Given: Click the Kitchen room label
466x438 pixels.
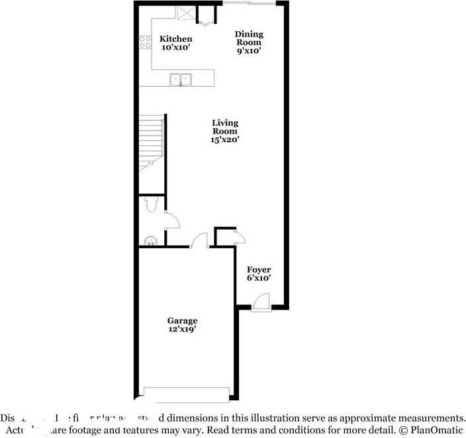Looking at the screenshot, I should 175,39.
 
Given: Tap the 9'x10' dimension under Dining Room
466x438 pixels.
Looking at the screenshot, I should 250,51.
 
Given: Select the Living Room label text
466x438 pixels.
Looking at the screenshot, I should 225,126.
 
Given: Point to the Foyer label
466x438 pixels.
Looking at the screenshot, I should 259,269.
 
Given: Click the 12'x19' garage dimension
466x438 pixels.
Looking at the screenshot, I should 181,329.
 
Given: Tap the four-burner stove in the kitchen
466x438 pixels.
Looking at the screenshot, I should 145,43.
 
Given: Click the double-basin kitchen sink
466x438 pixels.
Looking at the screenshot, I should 180,79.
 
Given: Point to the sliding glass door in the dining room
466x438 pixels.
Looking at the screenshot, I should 248,4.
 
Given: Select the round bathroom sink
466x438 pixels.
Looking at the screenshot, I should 150,241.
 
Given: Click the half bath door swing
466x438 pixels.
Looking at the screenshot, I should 171,221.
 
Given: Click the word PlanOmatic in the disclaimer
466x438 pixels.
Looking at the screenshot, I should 434,429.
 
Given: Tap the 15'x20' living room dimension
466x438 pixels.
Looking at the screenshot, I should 225,140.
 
